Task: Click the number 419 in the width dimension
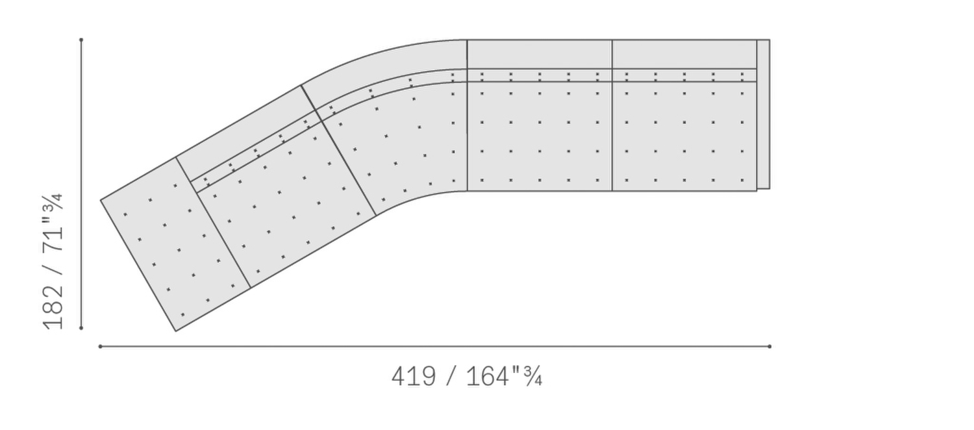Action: [414, 377]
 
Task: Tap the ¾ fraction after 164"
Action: [532, 377]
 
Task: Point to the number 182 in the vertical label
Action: [53, 307]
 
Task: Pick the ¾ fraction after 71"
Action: [53, 203]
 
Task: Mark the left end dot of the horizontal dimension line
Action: [101, 346]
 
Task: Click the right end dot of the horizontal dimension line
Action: [769, 346]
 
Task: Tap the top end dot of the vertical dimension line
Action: [81, 40]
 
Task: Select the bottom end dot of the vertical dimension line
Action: [81, 328]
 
